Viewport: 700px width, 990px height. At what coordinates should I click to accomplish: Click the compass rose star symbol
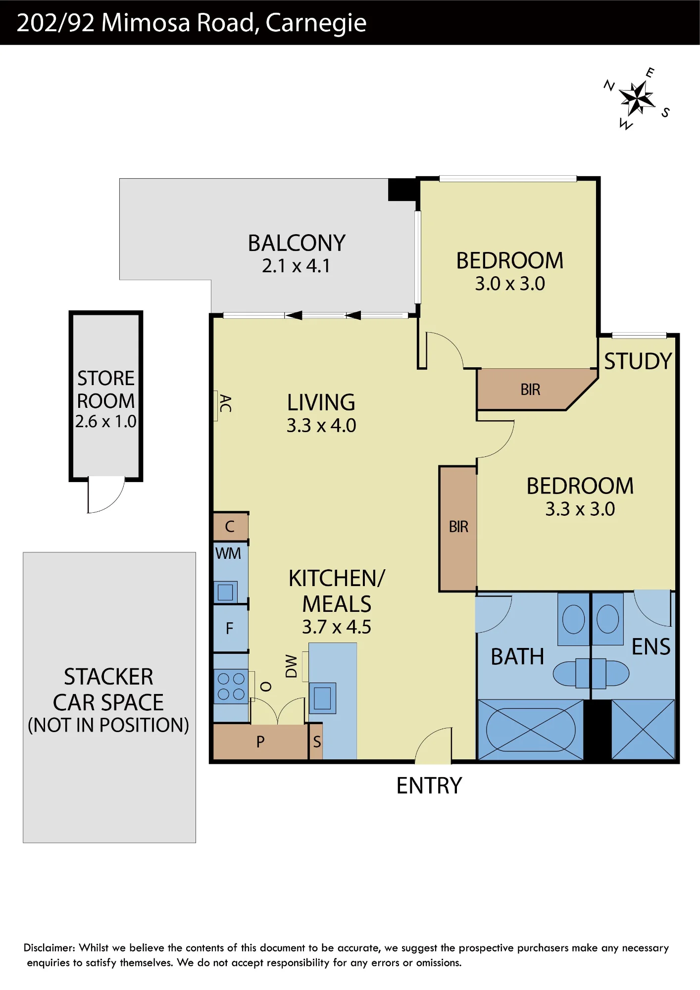coord(637,98)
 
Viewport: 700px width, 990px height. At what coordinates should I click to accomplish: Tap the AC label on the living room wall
coord(225,403)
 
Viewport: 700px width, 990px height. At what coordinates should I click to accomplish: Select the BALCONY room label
coord(297,243)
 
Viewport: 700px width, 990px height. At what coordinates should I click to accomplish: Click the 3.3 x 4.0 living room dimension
coord(321,426)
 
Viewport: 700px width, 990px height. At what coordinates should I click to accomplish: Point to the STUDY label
coord(638,361)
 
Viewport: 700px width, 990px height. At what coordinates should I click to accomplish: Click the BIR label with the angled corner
coord(530,390)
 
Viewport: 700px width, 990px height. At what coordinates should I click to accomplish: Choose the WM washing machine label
coord(228,553)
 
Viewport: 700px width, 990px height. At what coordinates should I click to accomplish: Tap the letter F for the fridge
coord(230,629)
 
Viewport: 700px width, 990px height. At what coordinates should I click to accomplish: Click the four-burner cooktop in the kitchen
coord(231,686)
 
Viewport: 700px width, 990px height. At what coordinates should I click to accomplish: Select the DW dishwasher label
coord(292,666)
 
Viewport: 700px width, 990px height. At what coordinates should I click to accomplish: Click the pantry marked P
coord(260,742)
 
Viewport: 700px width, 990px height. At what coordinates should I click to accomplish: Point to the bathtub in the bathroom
coord(531,729)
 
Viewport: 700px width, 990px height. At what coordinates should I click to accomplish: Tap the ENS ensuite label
coord(651,647)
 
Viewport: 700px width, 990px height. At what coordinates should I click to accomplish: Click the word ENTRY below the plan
coord(429,786)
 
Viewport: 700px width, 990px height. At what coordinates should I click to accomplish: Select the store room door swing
coord(106,495)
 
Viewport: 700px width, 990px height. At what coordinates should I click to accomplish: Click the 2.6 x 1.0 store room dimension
coord(106,422)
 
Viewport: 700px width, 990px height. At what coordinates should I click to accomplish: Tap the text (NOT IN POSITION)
coord(108,725)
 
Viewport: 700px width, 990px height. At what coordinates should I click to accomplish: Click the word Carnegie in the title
coord(316,23)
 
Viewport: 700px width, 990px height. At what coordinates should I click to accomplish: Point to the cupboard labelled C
coord(231,527)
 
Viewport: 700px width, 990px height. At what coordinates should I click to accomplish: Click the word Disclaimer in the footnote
coord(49,948)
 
